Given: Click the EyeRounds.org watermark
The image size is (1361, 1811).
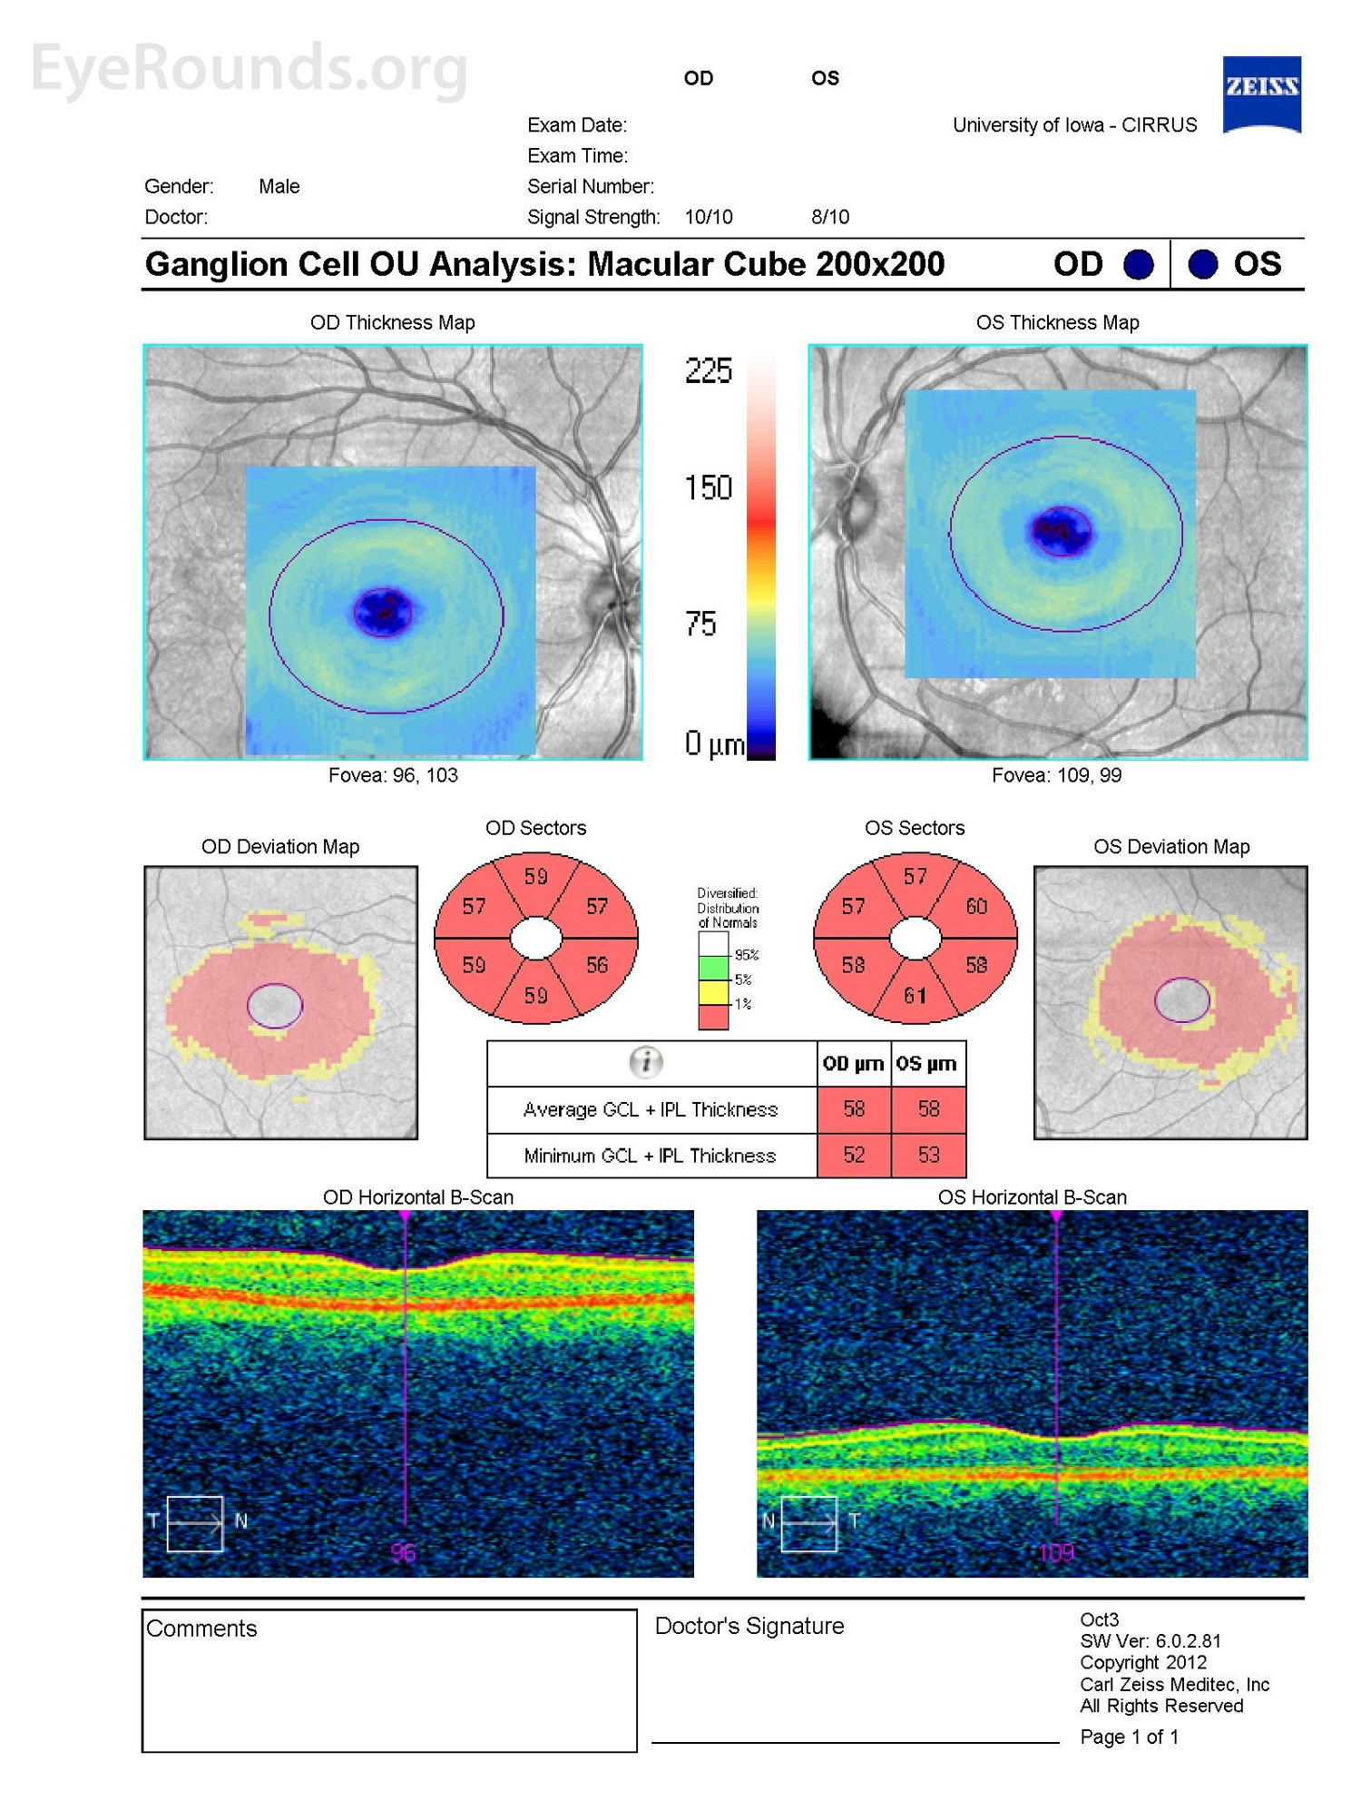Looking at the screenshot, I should tap(249, 67).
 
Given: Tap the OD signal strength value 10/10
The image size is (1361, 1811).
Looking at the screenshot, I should tap(708, 217).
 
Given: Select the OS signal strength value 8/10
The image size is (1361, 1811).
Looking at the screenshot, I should tap(830, 217).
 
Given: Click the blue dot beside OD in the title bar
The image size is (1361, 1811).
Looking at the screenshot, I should tap(1138, 264).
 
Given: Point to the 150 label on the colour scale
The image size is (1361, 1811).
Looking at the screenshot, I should tap(708, 488).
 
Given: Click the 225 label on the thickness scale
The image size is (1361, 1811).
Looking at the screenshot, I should tap(708, 370).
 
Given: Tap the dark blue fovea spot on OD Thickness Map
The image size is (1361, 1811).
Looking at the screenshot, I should tap(382, 611).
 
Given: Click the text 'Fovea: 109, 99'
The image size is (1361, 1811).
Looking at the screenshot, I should tap(1056, 775).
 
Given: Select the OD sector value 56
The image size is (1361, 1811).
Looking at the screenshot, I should tap(596, 965).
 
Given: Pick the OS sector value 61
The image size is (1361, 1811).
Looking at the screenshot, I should tap(915, 996).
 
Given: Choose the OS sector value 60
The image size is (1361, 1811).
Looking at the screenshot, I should tap(976, 906).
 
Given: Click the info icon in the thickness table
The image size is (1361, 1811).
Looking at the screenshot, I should tap(646, 1061).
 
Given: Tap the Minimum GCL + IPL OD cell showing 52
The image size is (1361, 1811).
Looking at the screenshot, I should tap(854, 1155).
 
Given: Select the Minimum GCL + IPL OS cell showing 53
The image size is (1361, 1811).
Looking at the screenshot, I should tap(928, 1155).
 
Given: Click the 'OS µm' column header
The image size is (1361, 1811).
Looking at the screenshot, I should tap(926, 1063).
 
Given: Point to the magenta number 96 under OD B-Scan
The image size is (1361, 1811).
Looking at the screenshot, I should tap(403, 1552).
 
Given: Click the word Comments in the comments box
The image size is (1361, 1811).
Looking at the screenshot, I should tap(201, 1629).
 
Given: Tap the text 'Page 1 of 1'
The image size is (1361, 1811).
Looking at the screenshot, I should tap(1129, 1737).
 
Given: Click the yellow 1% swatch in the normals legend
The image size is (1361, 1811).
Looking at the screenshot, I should tap(713, 992).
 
